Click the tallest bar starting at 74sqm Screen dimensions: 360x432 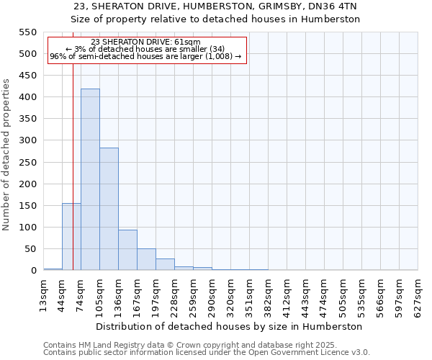coord(90,179)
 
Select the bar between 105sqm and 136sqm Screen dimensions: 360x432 coord(109,209)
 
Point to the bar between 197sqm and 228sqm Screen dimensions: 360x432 coord(165,264)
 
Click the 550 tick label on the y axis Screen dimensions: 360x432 coord(27,32)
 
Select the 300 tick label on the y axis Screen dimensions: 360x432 coord(27,140)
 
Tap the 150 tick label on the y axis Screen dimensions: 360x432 coord(27,206)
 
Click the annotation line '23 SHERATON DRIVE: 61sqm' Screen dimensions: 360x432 coord(146,42)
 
